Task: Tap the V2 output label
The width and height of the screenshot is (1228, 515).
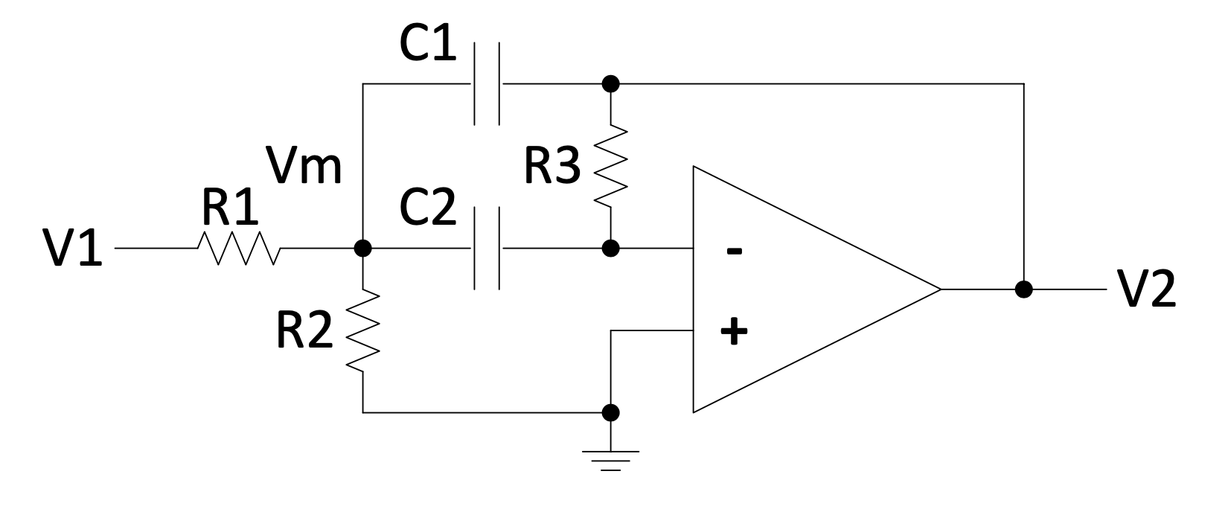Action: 1147,290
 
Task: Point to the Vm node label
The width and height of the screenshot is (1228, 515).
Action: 306,166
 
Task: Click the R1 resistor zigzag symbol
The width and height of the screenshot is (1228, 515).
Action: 238,249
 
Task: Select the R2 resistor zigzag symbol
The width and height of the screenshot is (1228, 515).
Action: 363,331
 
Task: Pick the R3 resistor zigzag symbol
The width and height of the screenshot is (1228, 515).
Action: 610,165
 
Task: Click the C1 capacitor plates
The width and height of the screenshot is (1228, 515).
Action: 487,83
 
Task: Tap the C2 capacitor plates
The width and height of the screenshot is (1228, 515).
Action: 487,249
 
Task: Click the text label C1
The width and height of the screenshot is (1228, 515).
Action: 428,46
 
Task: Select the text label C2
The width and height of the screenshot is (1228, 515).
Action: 428,209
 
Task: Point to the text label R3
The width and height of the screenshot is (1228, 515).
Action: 551,167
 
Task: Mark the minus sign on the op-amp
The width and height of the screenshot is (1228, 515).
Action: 734,252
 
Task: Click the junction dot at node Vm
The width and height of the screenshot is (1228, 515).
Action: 363,249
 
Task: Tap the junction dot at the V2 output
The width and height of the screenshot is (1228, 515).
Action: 1024,290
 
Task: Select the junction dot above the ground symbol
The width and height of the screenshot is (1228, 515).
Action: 610,412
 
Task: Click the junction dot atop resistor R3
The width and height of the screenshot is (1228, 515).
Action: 610,83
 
